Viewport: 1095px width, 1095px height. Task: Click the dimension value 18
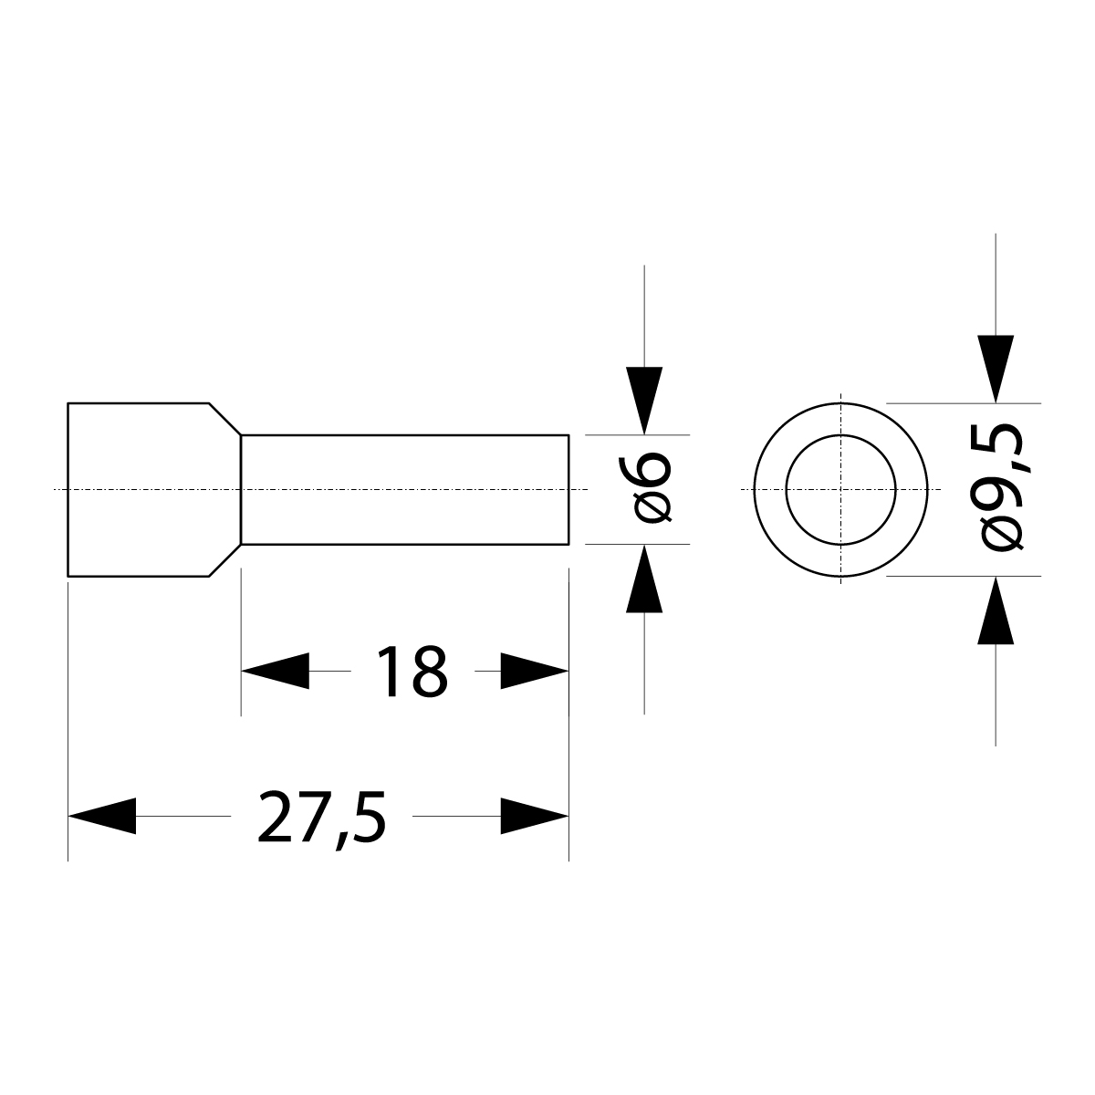pyautogui.click(x=412, y=672)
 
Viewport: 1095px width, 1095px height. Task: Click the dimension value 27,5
pyautogui.click(x=322, y=818)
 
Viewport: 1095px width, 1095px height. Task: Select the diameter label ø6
pyautogui.click(x=653, y=489)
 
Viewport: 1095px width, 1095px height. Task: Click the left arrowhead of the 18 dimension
pyautogui.click(x=275, y=672)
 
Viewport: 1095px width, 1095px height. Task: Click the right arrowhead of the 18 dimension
pyautogui.click(x=535, y=672)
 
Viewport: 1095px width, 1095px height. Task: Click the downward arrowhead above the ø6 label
pyautogui.click(x=644, y=400)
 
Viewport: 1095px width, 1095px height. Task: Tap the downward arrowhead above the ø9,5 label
pyautogui.click(x=996, y=368)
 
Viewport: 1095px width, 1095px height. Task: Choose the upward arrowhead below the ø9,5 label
pyautogui.click(x=996, y=611)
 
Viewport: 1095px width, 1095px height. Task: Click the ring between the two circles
pyautogui.click(x=771, y=490)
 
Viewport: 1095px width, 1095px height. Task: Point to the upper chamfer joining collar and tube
pyautogui.click(x=225, y=418)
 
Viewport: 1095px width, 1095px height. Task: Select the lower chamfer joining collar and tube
pyautogui.click(x=225, y=561)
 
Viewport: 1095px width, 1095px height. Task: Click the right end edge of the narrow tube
pyautogui.click(x=568, y=490)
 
